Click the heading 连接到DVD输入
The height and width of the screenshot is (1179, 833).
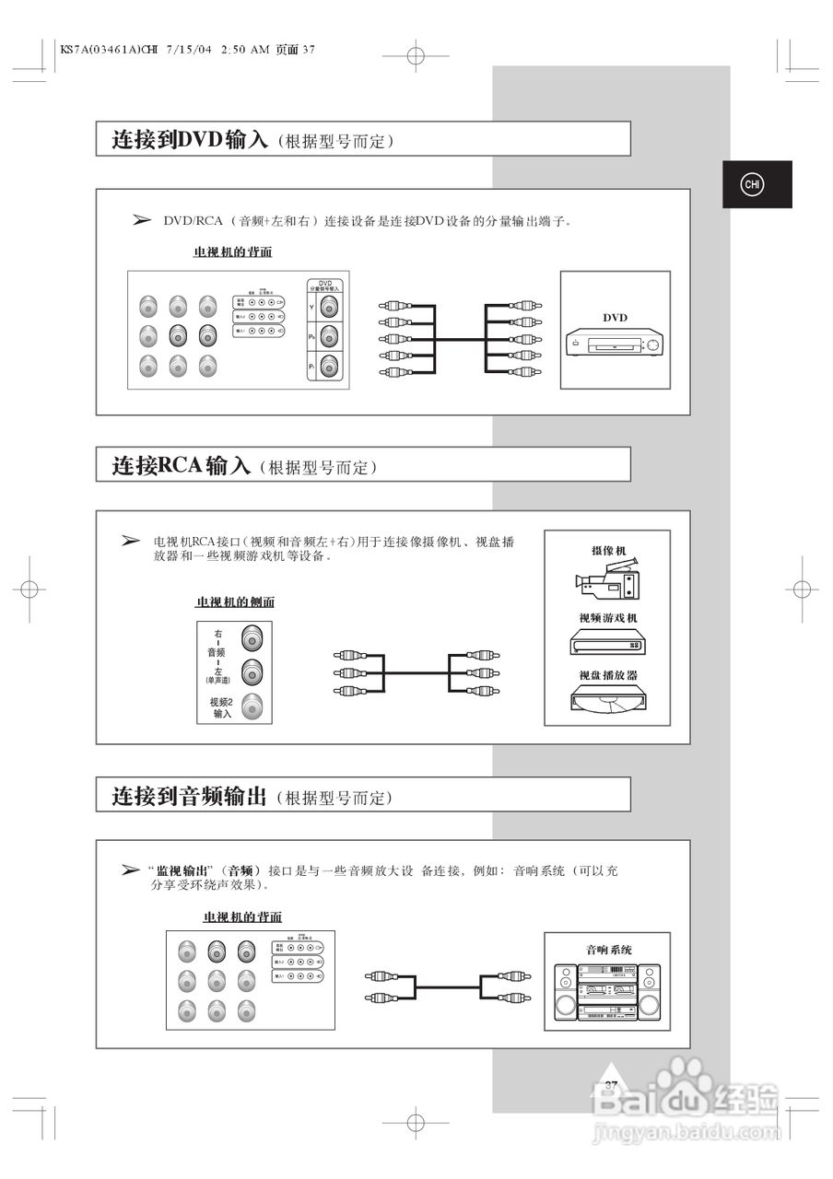pos(190,139)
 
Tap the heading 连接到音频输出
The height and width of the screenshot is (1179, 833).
pos(189,796)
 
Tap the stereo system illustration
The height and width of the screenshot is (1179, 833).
pos(607,991)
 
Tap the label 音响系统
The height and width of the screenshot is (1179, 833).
pos(608,949)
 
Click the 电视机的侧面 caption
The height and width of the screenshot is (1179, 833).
pos(235,602)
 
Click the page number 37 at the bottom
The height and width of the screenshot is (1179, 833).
pos(611,1085)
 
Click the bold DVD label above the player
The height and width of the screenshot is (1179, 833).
pos(615,318)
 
